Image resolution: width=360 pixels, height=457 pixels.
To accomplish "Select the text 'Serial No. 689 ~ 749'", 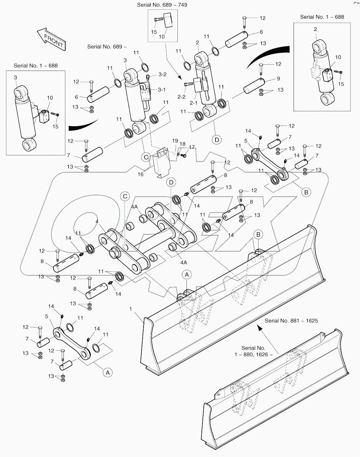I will pyautogui.click(x=162, y=5).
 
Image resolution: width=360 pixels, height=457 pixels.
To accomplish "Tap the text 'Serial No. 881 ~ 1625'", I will pyautogui.click(x=291, y=321).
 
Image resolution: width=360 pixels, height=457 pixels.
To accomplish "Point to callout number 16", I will pyautogui.click(x=140, y=174).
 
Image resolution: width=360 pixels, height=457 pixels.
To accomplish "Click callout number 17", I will pyautogui.click(x=191, y=147).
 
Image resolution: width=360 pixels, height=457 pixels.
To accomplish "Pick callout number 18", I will pyautogui.click(x=182, y=144).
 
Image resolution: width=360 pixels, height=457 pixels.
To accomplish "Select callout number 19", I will pyautogui.click(x=175, y=141).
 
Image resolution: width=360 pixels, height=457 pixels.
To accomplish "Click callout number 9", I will pyautogui.click(x=278, y=78).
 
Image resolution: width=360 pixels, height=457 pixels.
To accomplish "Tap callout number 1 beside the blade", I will pyautogui.click(x=131, y=309).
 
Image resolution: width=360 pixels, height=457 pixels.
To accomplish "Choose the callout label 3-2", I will pyautogui.click(x=162, y=74).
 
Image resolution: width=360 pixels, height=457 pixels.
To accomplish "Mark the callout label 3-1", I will pyautogui.click(x=162, y=90).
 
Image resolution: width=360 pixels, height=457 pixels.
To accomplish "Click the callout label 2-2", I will pyautogui.click(x=181, y=97).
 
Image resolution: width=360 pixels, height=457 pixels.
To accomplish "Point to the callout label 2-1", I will pyautogui.click(x=194, y=103).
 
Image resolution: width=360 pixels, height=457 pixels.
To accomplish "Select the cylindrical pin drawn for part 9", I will pyautogui.click(x=254, y=86).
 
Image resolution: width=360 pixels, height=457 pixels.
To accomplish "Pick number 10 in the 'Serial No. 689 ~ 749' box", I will pyautogui.click(x=161, y=37).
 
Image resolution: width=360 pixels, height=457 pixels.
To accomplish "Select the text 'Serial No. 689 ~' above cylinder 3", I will pyautogui.click(x=107, y=47).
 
